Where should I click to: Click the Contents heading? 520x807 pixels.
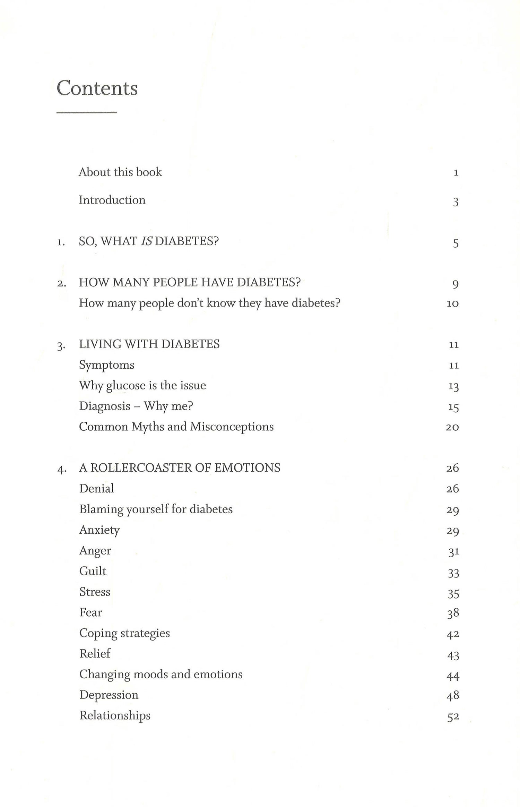[x=97, y=88]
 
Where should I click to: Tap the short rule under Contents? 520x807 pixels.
[x=86, y=112]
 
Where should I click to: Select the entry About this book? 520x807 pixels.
[x=120, y=172]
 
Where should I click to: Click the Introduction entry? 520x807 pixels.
[x=112, y=200]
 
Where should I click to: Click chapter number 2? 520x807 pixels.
[x=61, y=283]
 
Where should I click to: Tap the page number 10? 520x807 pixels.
[x=452, y=304]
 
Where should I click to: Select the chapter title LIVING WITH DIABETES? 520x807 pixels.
[x=149, y=344]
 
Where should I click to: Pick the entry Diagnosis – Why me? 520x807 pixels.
[x=136, y=406]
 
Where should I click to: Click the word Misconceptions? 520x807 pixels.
[x=232, y=427]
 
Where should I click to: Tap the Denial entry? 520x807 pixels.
[x=96, y=489]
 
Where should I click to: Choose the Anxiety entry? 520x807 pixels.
[x=99, y=530]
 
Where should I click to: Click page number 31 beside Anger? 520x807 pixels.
[x=453, y=552]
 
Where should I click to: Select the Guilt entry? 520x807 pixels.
[x=93, y=571]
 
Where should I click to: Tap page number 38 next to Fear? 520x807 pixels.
[x=453, y=613]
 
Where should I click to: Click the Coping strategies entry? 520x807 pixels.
[x=124, y=633]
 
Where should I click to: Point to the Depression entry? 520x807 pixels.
[x=109, y=695]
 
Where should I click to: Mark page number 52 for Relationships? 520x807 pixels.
[x=453, y=717]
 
